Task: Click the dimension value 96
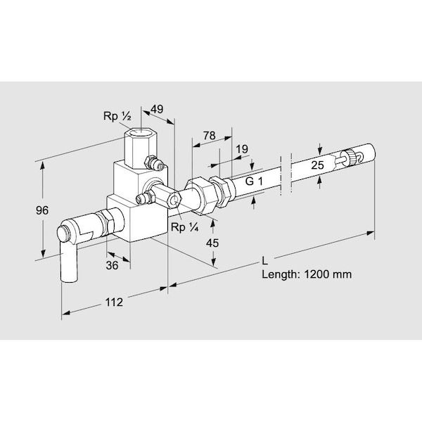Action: (x=42, y=210)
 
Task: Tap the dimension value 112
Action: (x=114, y=302)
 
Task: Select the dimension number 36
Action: (x=112, y=265)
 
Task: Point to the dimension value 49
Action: (x=157, y=109)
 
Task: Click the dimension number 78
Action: (x=209, y=135)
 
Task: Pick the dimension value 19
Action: (x=242, y=149)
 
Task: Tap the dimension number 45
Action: (x=212, y=243)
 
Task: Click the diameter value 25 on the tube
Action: (x=318, y=165)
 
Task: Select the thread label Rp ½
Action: (x=117, y=116)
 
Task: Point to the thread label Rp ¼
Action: (x=184, y=227)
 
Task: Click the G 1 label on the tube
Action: (x=254, y=181)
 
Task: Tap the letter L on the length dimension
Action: (x=265, y=260)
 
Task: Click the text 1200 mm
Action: (x=328, y=274)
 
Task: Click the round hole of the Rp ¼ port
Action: (x=175, y=200)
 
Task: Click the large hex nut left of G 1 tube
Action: (x=200, y=196)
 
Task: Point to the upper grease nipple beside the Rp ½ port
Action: (x=154, y=163)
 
